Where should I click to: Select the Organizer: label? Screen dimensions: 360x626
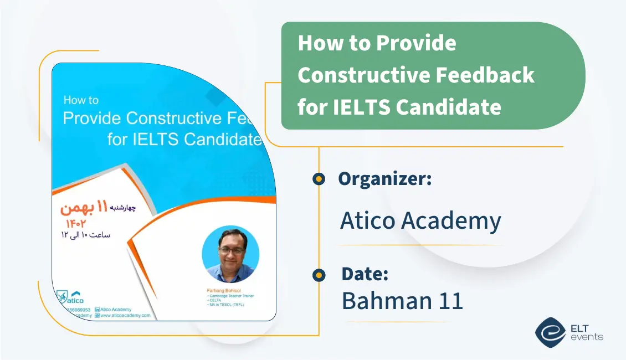click(x=384, y=178)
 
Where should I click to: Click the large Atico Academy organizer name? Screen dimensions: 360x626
click(x=420, y=220)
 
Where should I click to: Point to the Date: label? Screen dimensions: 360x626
click(x=365, y=274)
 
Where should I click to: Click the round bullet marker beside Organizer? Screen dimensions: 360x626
click(x=319, y=178)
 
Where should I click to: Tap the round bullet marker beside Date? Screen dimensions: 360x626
click(x=319, y=274)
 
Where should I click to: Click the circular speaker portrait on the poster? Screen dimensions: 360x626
click(x=230, y=254)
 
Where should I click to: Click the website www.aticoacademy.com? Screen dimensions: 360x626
click(x=125, y=315)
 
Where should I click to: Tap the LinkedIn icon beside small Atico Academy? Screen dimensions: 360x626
click(x=97, y=310)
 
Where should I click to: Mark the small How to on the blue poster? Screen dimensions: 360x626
click(x=81, y=100)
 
